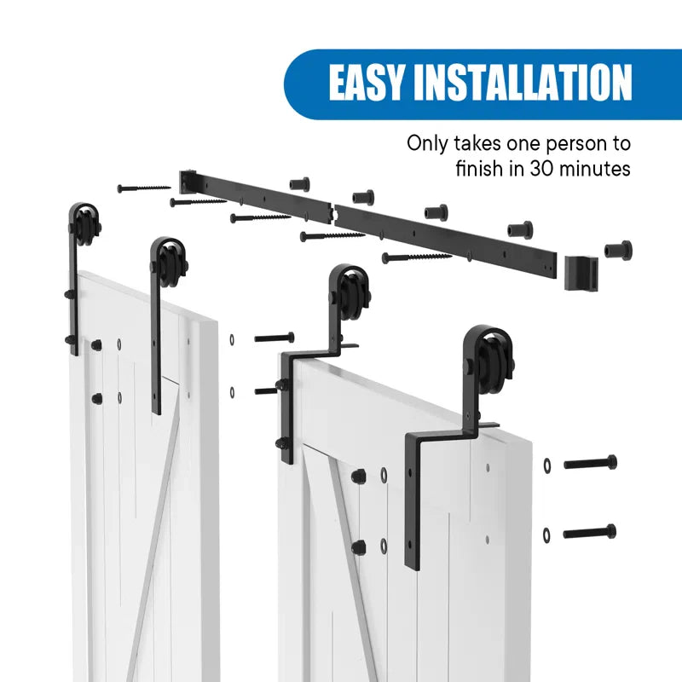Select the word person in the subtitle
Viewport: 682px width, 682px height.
tap(575, 142)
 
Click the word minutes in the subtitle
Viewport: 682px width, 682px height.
tap(598, 169)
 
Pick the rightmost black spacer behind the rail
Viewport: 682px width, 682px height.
tap(618, 250)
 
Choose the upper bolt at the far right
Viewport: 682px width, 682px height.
tap(590, 463)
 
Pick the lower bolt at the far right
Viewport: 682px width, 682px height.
tap(590, 532)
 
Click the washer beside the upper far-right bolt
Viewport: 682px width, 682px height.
tap(546, 465)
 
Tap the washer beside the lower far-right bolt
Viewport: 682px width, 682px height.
tap(546, 535)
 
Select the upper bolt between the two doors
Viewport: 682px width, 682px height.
tap(274, 338)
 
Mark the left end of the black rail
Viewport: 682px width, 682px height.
tap(184, 180)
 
